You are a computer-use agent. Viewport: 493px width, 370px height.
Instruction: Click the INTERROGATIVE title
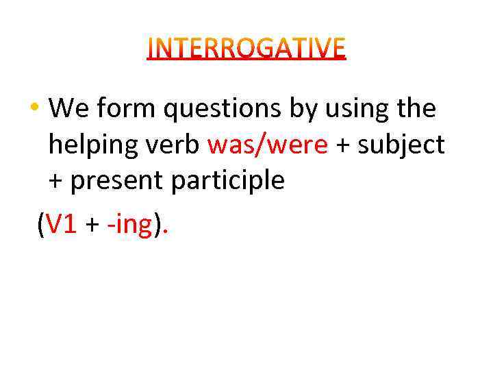[246, 49]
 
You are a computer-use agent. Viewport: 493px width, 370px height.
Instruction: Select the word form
[117, 108]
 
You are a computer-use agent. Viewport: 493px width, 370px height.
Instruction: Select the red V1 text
[62, 223]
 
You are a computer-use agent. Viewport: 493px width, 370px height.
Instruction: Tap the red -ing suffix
[129, 225]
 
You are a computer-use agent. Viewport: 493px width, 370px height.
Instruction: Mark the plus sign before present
[56, 182]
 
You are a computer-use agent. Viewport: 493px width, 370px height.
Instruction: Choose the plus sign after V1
[92, 225]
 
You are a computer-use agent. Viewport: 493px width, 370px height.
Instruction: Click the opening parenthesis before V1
[41, 224]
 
